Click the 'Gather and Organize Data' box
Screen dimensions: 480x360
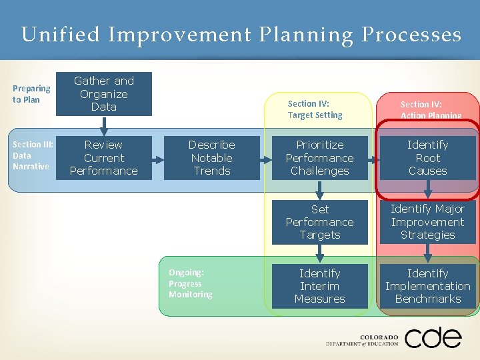click(x=104, y=94)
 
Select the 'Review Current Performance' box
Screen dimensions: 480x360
click(x=104, y=158)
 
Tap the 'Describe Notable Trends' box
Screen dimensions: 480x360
click(x=212, y=158)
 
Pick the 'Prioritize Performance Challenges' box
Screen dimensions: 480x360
click(x=320, y=158)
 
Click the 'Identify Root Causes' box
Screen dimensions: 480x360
click(x=428, y=158)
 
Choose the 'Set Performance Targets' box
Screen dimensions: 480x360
click(x=320, y=222)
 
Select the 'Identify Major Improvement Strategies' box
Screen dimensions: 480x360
click(x=428, y=222)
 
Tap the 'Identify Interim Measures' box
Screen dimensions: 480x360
click(x=320, y=286)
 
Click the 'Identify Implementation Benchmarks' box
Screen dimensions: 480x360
click(x=428, y=286)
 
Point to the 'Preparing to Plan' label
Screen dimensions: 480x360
click(x=31, y=94)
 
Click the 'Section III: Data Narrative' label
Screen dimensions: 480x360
click(x=31, y=155)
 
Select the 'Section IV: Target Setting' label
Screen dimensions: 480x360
click(x=315, y=109)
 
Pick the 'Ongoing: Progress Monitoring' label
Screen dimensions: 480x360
click(x=191, y=283)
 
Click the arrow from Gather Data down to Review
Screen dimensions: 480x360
click(x=104, y=125)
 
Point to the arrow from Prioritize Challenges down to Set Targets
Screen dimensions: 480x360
click(x=320, y=191)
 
